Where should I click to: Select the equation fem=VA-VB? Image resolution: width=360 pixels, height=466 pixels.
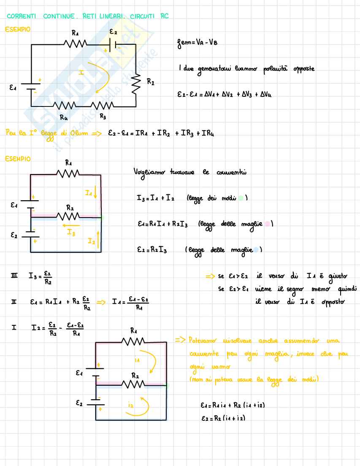198,43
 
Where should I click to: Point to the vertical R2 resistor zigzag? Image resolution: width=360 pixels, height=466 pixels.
136,84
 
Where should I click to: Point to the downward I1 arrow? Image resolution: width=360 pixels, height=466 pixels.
97,194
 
